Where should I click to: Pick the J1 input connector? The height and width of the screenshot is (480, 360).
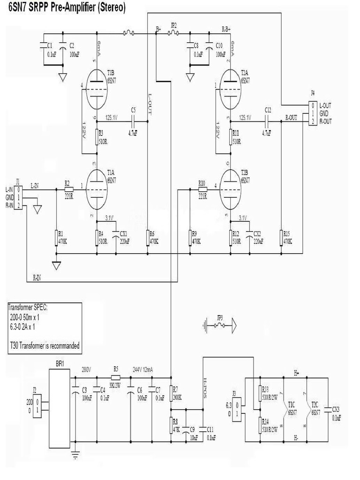pyautogui.click(x=18, y=197)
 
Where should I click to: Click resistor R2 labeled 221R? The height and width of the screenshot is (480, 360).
pyautogui.click(x=68, y=189)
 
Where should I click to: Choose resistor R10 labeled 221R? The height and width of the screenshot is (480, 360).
pyautogui.click(x=202, y=189)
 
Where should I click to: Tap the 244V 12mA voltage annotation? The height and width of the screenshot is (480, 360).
pyautogui.click(x=146, y=368)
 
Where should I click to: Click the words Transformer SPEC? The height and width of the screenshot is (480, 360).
pyautogui.click(x=28, y=307)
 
